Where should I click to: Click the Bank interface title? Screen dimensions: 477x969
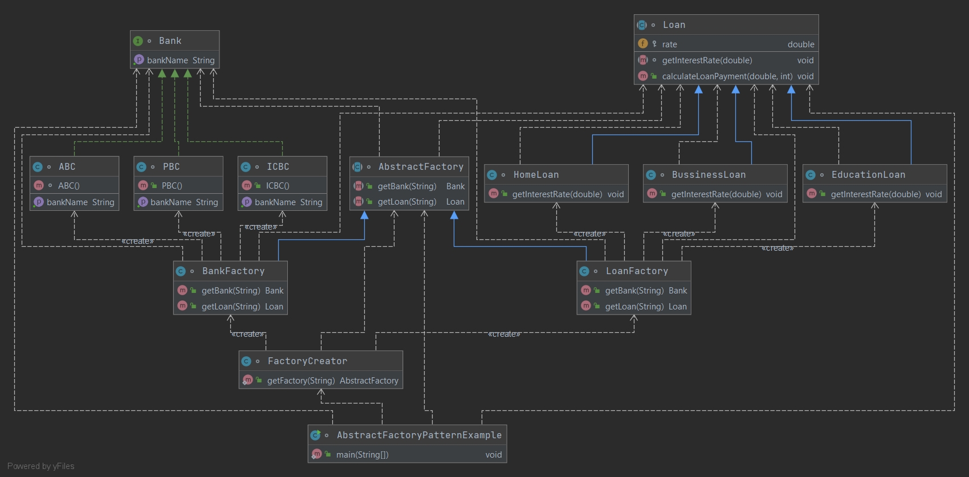(x=170, y=41)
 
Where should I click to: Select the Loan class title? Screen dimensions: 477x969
(x=674, y=25)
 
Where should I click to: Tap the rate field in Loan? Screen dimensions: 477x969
(x=669, y=44)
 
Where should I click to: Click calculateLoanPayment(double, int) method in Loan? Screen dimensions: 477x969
(x=727, y=76)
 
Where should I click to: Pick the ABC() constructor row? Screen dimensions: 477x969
(x=68, y=186)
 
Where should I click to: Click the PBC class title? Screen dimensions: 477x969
(x=171, y=167)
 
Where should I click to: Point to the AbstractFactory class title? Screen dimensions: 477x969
(x=421, y=167)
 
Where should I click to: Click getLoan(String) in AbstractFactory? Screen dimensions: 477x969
(x=406, y=202)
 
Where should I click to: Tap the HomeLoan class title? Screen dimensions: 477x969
(x=536, y=175)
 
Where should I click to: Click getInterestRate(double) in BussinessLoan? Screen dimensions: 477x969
(x=716, y=194)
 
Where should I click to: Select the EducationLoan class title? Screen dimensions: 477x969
(x=868, y=175)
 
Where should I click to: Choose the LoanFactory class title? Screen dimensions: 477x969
(x=637, y=271)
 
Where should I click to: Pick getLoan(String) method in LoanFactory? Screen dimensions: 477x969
(x=634, y=307)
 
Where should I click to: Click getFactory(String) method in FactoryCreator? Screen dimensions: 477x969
(x=300, y=381)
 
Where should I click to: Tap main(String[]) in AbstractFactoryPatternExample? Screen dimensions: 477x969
(x=362, y=455)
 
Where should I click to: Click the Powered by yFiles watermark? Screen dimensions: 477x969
(x=41, y=466)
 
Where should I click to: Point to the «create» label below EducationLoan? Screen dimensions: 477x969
(x=777, y=248)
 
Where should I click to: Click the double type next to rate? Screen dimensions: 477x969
(x=800, y=44)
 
